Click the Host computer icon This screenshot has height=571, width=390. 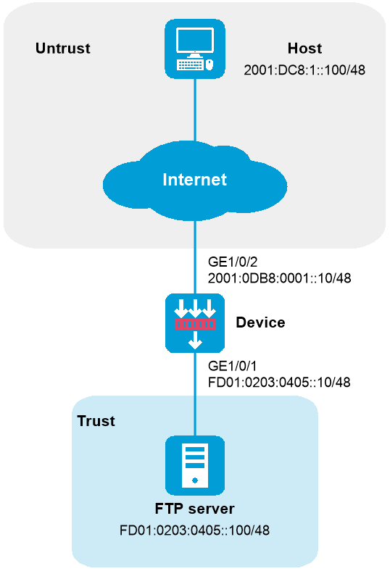point(195,49)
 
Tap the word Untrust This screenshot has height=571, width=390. point(62,49)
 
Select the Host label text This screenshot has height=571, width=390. point(304,49)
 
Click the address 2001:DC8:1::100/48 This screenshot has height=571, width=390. point(304,70)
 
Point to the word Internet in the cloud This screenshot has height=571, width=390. point(195,180)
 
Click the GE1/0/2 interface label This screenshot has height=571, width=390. point(232,262)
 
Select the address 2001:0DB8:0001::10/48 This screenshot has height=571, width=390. point(279,278)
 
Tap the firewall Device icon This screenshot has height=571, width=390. point(195,323)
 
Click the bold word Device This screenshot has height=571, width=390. point(260,322)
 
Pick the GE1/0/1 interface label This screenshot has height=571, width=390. point(232,366)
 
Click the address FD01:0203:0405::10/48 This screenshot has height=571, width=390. point(279,383)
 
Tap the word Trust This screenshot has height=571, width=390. point(96,421)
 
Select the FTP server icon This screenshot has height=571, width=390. point(195,465)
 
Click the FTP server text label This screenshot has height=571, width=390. point(195,509)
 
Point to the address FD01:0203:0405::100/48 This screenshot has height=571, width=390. point(195,530)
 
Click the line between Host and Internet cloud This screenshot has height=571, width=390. point(195,110)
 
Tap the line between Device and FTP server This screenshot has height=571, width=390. point(195,394)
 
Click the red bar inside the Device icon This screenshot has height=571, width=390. point(195,324)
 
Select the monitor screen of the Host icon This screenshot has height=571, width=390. point(195,40)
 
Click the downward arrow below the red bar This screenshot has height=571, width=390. point(195,340)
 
